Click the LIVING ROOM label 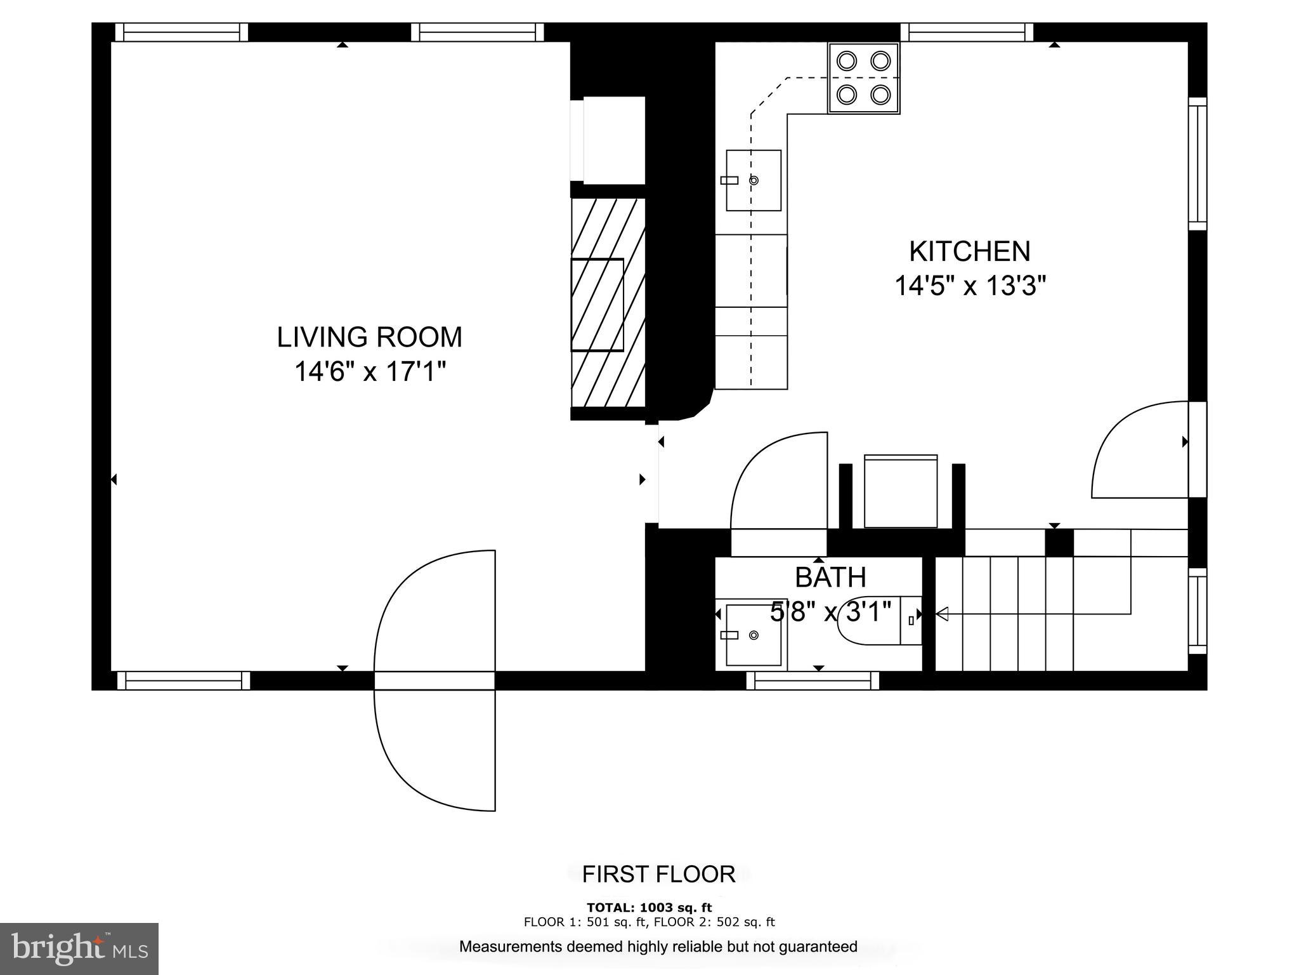pyautogui.click(x=369, y=337)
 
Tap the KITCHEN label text pyautogui.click(x=969, y=251)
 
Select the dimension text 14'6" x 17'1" pyautogui.click(x=369, y=371)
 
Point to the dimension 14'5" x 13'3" pyautogui.click(x=969, y=286)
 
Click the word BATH pyautogui.click(x=830, y=577)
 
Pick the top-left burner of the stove pyautogui.click(x=847, y=61)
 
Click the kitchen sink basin pyautogui.click(x=754, y=180)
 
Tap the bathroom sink pyautogui.click(x=753, y=635)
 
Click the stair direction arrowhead pyautogui.click(x=942, y=614)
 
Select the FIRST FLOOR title pyautogui.click(x=658, y=874)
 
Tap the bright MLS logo pyautogui.click(x=79, y=948)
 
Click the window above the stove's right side pyautogui.click(x=967, y=32)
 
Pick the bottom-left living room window pyautogui.click(x=184, y=680)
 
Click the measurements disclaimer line pyautogui.click(x=658, y=946)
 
